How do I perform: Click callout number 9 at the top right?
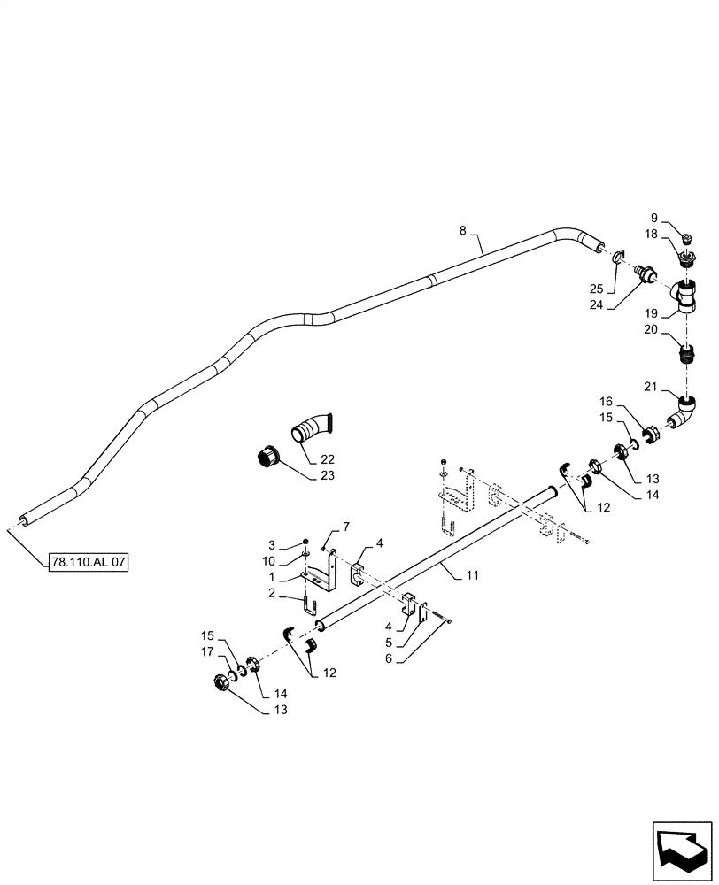679,217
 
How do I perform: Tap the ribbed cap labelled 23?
267,459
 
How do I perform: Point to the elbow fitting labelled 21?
685,412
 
